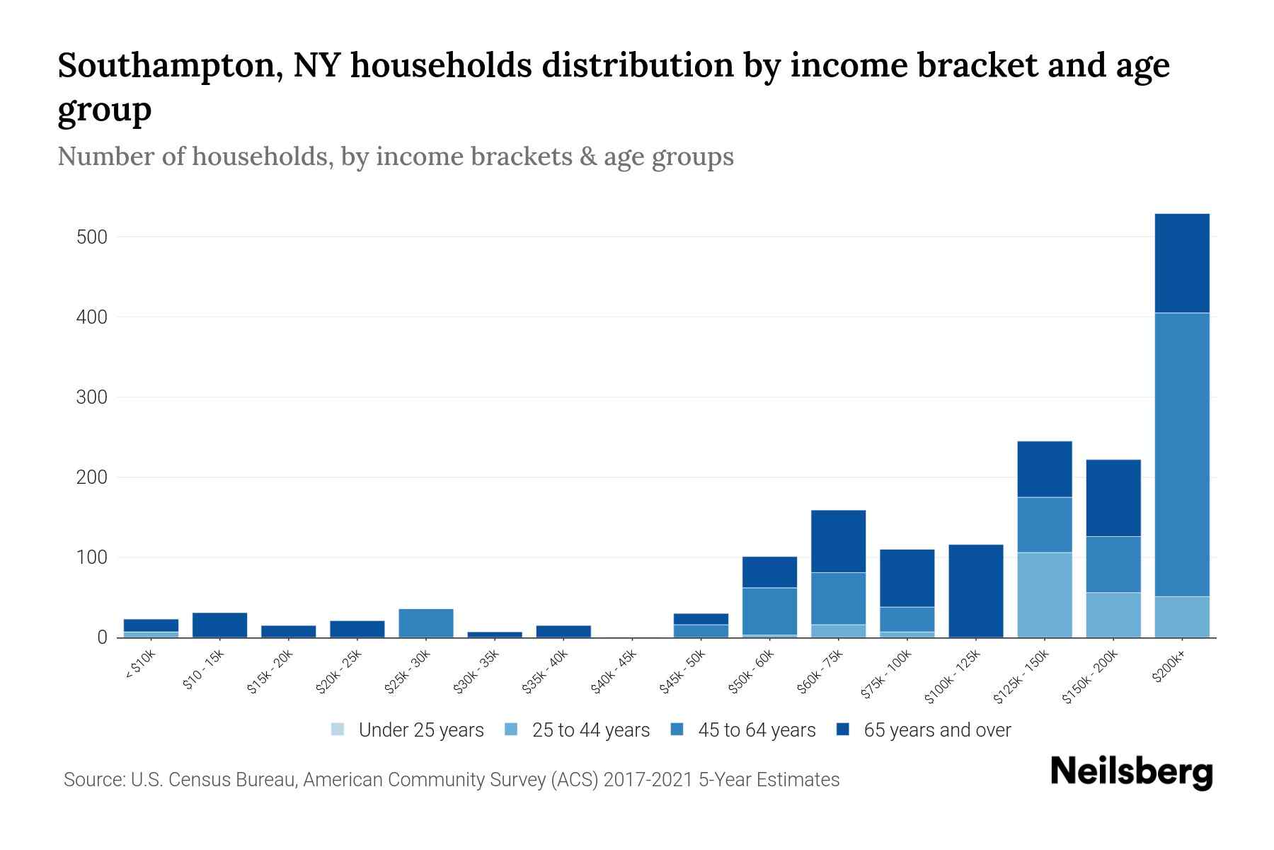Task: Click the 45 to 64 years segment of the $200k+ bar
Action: pyautogui.click(x=1182, y=453)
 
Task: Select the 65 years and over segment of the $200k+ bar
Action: pyautogui.click(x=1182, y=263)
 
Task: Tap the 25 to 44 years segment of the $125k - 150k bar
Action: pyautogui.click(x=1045, y=595)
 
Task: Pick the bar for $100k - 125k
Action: pyautogui.click(x=976, y=591)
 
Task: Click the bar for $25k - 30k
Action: pyautogui.click(x=426, y=623)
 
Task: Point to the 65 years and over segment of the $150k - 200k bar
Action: pyautogui.click(x=1113, y=498)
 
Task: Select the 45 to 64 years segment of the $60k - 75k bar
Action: pyautogui.click(x=838, y=599)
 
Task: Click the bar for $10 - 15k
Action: pyautogui.click(x=219, y=625)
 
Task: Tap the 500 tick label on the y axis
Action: pyautogui.click(x=91, y=237)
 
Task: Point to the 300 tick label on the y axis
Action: pyautogui.click(x=91, y=397)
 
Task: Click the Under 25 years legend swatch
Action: pyautogui.click(x=338, y=730)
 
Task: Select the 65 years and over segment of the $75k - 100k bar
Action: pyautogui.click(x=907, y=578)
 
